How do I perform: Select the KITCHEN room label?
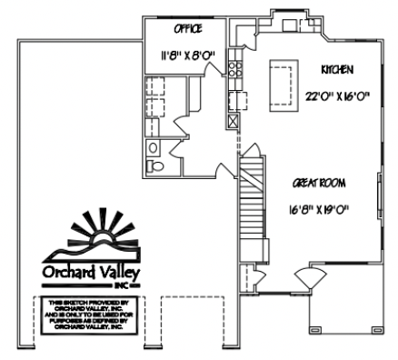[336, 69]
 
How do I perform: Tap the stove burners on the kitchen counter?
[234, 67]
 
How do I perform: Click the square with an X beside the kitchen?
[234, 118]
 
